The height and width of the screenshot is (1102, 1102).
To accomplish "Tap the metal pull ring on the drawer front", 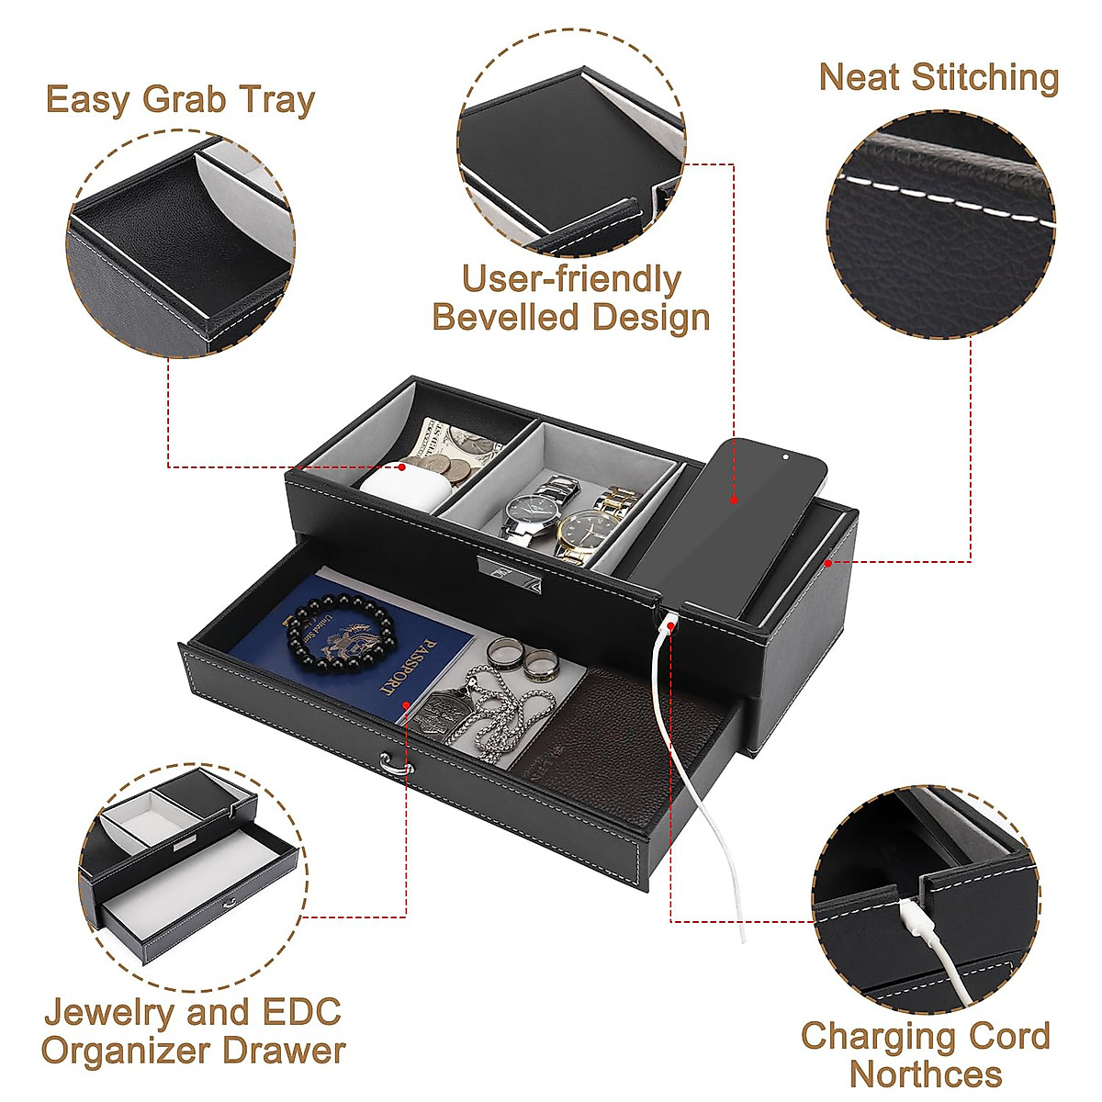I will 393,764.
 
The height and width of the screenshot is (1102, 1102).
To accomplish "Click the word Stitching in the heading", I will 985,78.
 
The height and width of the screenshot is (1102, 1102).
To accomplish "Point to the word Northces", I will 925,1074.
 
